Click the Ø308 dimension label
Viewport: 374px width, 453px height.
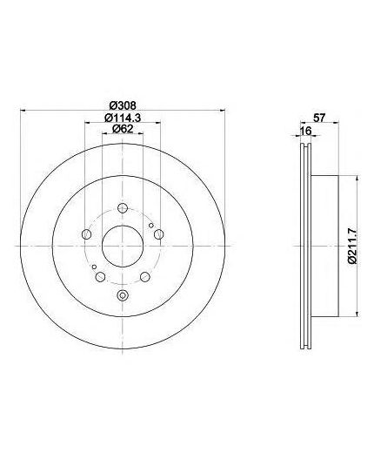coord(124,105)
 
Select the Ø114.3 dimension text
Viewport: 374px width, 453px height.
coord(123,118)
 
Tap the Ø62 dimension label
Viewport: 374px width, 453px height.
coord(123,129)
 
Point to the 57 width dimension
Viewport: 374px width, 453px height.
coord(319,118)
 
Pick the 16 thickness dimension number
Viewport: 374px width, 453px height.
coord(305,131)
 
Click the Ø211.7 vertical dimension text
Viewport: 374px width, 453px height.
coord(351,246)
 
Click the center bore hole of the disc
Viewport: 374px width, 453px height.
coord(123,246)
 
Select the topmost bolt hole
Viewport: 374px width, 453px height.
coord(123,208)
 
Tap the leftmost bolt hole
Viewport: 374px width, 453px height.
coord(86,234)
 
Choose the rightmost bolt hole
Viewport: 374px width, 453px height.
coord(158,234)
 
